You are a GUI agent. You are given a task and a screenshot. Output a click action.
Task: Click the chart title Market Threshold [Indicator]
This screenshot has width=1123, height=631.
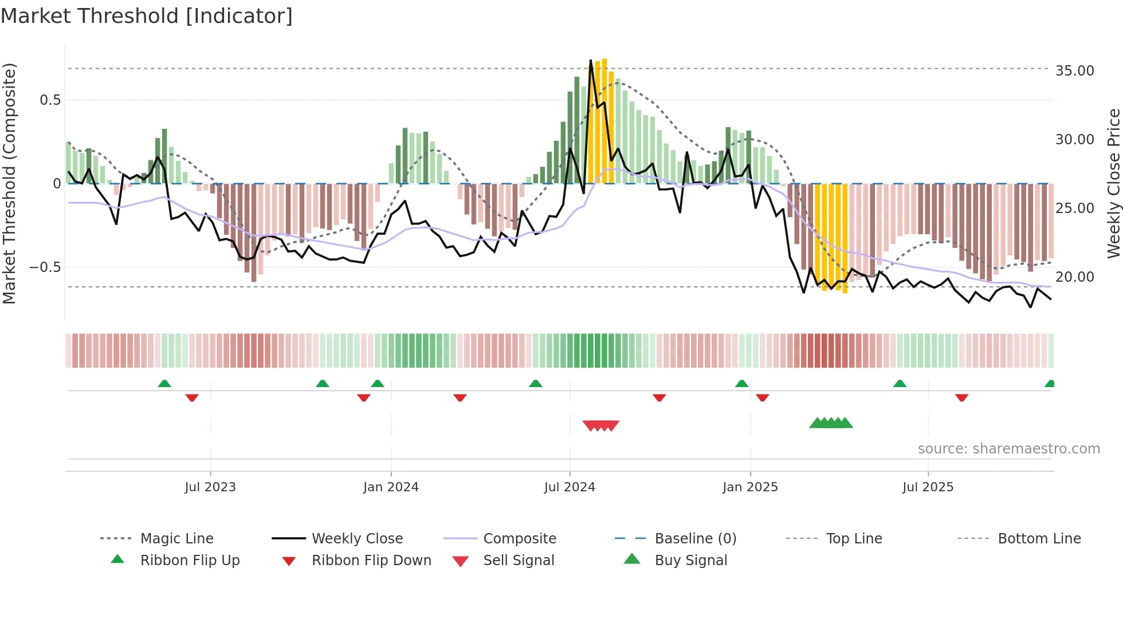point(147,16)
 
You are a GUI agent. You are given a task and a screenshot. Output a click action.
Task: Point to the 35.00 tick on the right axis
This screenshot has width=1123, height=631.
point(1074,71)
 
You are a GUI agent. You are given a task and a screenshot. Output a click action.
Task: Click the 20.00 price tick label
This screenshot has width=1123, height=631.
point(1074,277)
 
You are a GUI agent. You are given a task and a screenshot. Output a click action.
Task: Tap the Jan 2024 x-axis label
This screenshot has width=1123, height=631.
point(391,487)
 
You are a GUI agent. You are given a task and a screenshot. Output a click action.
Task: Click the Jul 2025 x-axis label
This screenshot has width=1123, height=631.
point(928,487)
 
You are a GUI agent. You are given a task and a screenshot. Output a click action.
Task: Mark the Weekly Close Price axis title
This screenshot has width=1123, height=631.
point(1113,183)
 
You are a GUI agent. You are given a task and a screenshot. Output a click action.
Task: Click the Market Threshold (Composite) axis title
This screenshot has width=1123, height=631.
point(9,183)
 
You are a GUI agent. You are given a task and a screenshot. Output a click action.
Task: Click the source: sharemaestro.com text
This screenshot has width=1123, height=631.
point(1008,449)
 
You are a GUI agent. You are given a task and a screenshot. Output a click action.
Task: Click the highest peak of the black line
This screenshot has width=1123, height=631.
point(591,60)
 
